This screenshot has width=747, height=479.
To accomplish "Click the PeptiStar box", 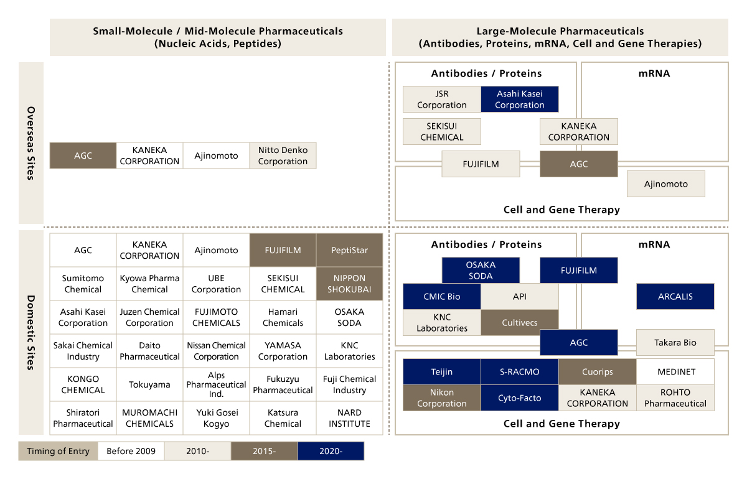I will tap(349, 250).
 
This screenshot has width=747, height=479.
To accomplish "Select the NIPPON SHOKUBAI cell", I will tap(349, 284).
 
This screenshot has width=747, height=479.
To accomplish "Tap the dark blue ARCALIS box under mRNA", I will tap(675, 297).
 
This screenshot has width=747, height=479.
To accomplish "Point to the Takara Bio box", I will tap(675, 342).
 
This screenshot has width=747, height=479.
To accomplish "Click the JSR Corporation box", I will tap(442, 100).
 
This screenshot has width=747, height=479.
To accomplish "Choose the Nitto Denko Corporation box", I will tap(283, 156).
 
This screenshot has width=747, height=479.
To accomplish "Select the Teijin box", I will tap(442, 372).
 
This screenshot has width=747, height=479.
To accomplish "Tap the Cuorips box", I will tap(598, 372).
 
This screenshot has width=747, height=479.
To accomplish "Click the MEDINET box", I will tap(675, 372).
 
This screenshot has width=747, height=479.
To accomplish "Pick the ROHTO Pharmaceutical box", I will tap(675, 398).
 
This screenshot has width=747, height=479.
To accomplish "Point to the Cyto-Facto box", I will tap(520, 398).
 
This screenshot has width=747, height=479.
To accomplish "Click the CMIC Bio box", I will tap(442, 297).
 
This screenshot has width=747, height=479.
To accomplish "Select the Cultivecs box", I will tap(520, 323).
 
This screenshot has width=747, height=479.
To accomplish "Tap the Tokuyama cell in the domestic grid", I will tap(149, 384).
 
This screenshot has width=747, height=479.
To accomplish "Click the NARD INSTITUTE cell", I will tap(349, 418).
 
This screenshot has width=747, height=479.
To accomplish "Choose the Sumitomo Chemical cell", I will tap(83, 284).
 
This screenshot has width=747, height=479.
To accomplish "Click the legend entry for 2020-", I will tap(331, 451).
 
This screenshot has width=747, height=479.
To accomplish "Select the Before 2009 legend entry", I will tap(131, 451).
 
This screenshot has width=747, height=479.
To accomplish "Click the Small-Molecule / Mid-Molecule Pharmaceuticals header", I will tap(218, 37).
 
